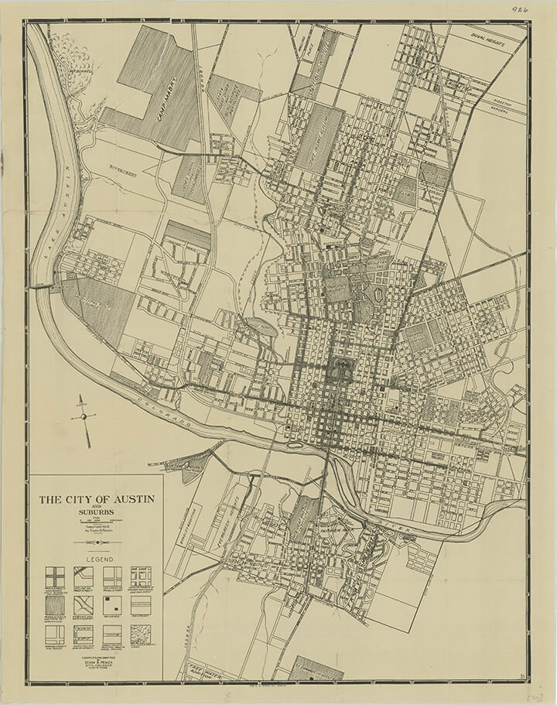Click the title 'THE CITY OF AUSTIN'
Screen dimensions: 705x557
pyautogui.click(x=97, y=499)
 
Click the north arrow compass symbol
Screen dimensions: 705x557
pyautogui.click(x=83, y=415)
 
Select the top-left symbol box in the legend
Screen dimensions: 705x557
pyautogui.click(x=55, y=577)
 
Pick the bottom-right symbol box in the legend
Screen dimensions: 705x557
pyautogui.click(x=140, y=635)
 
